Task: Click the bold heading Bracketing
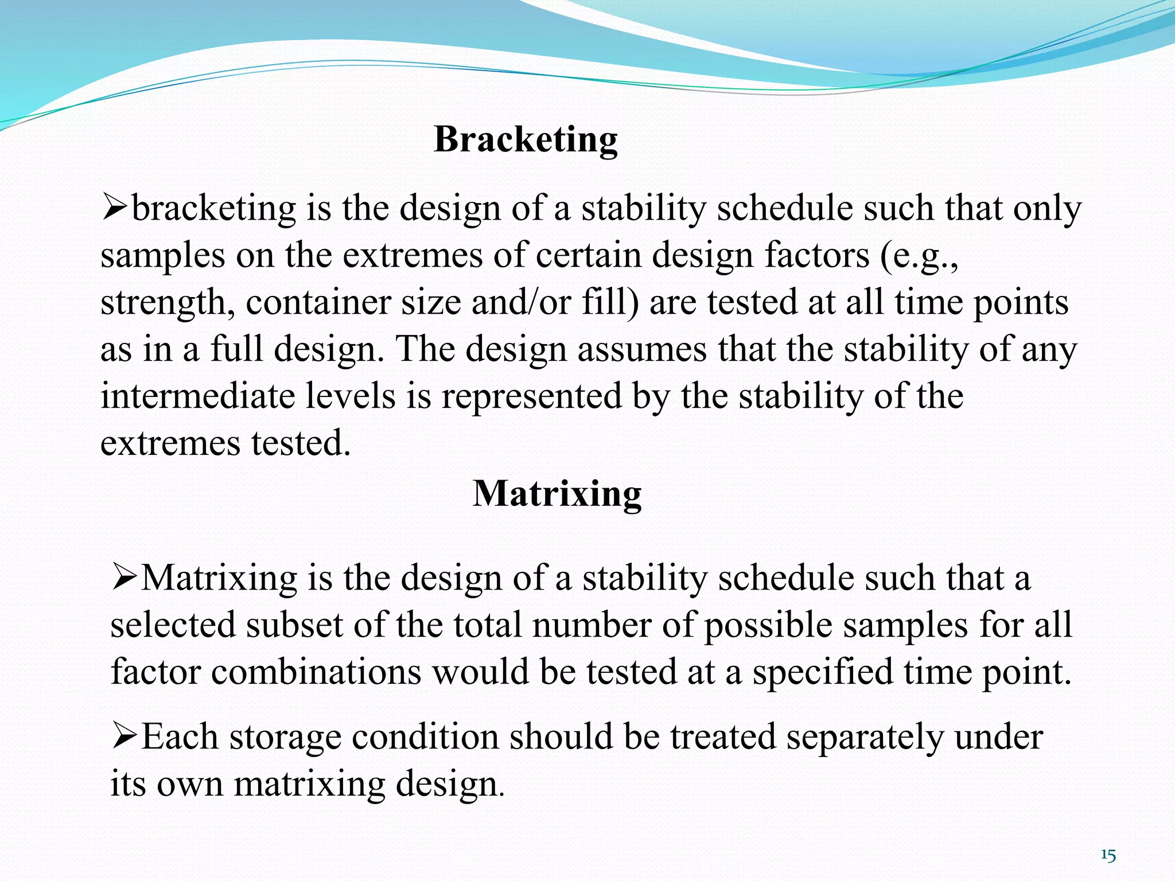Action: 526,139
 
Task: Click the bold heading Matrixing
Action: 557,494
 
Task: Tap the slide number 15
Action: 1108,856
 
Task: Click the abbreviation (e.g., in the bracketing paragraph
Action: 919,256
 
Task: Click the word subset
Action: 294,625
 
